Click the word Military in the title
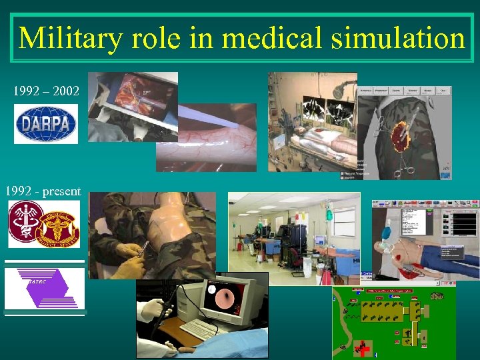click(70, 38)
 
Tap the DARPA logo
click(46, 124)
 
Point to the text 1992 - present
click(43, 191)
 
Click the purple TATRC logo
click(45, 288)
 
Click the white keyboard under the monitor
click(200, 329)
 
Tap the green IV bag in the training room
click(328, 214)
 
